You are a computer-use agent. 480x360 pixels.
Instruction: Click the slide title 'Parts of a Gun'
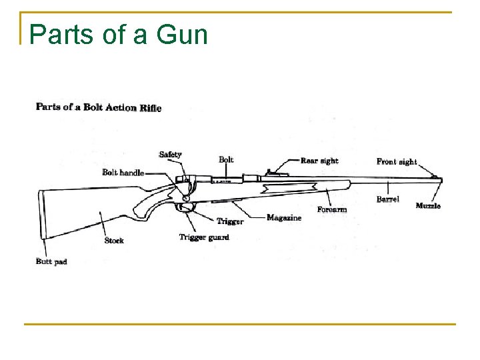pyautogui.click(x=119, y=34)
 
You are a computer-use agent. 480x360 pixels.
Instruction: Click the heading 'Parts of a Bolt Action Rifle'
pyautogui.click(x=98, y=107)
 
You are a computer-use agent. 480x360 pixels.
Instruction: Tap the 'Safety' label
pyautogui.click(x=170, y=155)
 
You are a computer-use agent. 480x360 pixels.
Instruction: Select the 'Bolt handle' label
pyautogui.click(x=123, y=173)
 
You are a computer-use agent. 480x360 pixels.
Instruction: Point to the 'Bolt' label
pyautogui.click(x=226, y=159)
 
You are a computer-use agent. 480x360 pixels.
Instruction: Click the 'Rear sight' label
pyautogui.click(x=319, y=161)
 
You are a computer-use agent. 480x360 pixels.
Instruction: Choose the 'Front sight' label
pyautogui.click(x=397, y=161)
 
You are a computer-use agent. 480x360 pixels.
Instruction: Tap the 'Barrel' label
pyautogui.click(x=387, y=199)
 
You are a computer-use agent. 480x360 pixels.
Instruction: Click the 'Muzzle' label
pyautogui.click(x=428, y=206)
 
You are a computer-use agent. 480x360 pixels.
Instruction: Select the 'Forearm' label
pyautogui.click(x=332, y=209)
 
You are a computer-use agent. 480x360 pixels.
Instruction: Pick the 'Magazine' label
pyautogui.click(x=284, y=217)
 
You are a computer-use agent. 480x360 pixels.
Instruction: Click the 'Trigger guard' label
pyautogui.click(x=204, y=237)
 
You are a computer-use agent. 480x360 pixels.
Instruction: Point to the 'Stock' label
pyautogui.click(x=114, y=240)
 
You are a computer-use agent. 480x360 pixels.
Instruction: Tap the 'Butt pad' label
pyautogui.click(x=51, y=261)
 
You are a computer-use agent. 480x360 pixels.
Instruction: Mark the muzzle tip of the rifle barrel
pyautogui.click(x=440, y=179)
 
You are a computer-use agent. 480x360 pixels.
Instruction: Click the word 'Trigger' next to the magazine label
pyautogui.click(x=230, y=221)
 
